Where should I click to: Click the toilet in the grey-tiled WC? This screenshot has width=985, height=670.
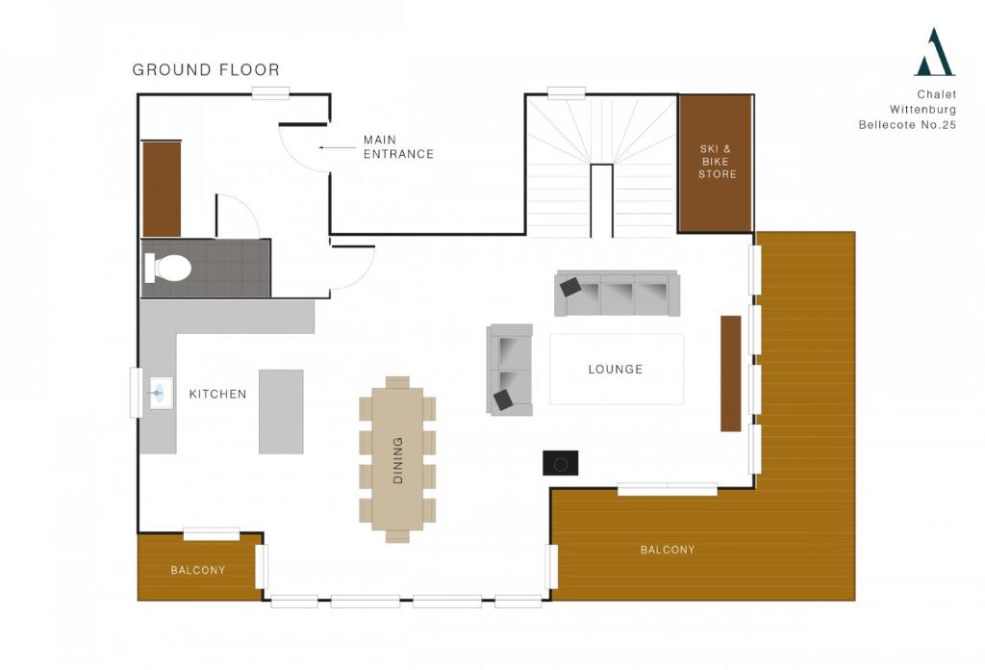pyautogui.click(x=167, y=268)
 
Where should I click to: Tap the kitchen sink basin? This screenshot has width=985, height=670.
pyautogui.click(x=161, y=394)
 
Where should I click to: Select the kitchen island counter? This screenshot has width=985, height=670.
pyautogui.click(x=281, y=412)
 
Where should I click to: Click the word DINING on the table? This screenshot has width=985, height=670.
pyautogui.click(x=397, y=460)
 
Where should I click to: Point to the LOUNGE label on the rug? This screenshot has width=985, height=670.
pyautogui.click(x=616, y=370)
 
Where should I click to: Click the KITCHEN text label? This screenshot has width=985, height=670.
pyautogui.click(x=218, y=394)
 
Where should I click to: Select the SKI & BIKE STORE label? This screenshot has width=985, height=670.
pyautogui.click(x=716, y=162)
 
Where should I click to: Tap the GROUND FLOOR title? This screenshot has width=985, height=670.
pyautogui.click(x=206, y=69)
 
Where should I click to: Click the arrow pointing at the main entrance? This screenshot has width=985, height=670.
pyautogui.click(x=338, y=148)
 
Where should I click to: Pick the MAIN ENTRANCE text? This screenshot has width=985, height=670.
pyautogui.click(x=398, y=147)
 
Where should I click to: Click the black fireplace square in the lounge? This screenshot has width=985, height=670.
pyautogui.click(x=561, y=463)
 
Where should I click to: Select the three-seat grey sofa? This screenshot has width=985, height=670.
pyautogui.click(x=617, y=294)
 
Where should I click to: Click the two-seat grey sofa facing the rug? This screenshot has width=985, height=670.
pyautogui.click(x=510, y=370)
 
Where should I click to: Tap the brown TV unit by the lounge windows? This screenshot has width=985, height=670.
pyautogui.click(x=731, y=374)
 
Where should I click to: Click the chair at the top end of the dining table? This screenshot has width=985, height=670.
pyautogui.click(x=397, y=382)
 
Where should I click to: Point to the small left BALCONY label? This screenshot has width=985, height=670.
pyautogui.click(x=198, y=571)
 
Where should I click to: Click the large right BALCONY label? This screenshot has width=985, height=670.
pyautogui.click(x=668, y=550)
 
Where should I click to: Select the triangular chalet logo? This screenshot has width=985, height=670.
pyautogui.click(x=935, y=52)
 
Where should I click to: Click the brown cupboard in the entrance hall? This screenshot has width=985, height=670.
pyautogui.click(x=162, y=190)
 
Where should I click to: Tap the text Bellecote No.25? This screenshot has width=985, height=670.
pyautogui.click(x=907, y=125)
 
